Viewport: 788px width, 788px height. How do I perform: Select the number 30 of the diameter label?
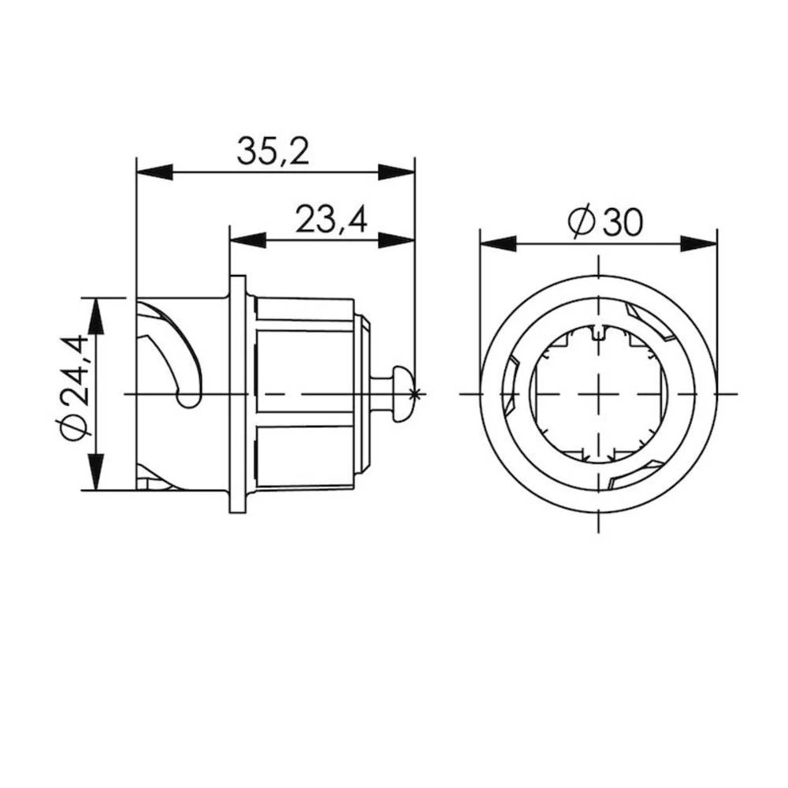(x=622, y=223)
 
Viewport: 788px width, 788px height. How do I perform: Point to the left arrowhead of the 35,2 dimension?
(x=154, y=172)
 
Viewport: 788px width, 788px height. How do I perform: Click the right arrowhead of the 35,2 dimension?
(x=396, y=172)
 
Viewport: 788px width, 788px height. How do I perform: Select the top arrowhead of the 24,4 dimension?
(x=95, y=315)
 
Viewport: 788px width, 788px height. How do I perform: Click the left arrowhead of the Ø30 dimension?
(x=497, y=244)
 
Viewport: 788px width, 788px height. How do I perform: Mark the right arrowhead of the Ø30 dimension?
(x=699, y=244)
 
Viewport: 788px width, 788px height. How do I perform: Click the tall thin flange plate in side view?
(x=237, y=394)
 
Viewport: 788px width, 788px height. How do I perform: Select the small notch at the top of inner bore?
(x=600, y=334)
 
